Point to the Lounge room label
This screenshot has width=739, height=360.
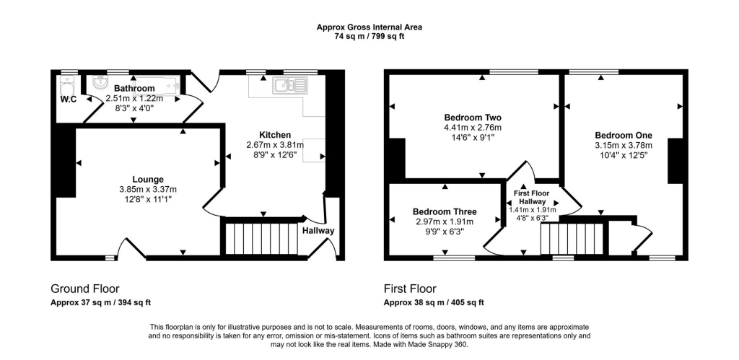[147, 179]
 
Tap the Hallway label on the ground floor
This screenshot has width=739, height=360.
[318, 231]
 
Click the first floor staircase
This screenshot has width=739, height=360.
[571, 237]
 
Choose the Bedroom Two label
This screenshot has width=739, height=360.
[473, 118]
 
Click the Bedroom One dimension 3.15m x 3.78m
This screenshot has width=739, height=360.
[623, 145]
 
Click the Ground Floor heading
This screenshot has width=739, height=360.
[84, 287]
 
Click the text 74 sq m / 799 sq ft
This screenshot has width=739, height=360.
[369, 37]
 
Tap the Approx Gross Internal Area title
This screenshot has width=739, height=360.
[369, 27]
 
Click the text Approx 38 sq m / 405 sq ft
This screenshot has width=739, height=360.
[434, 302]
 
